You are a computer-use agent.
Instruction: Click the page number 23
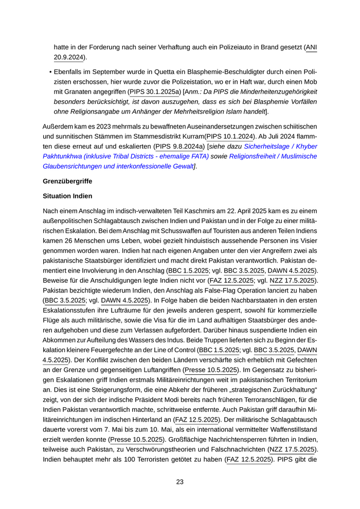coord(180,482)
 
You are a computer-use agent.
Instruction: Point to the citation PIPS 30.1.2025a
coord(153,92)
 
